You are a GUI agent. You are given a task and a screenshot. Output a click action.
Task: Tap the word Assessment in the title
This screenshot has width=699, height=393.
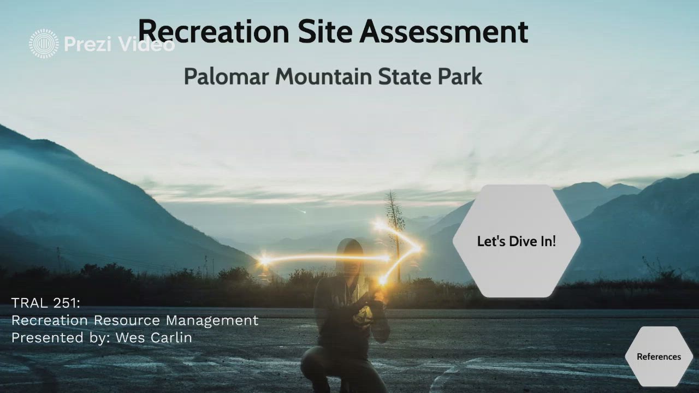(x=443, y=31)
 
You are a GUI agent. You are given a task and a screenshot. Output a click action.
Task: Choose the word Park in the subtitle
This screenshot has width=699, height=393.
(x=460, y=76)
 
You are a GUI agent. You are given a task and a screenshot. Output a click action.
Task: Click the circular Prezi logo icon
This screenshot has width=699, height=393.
(x=44, y=44)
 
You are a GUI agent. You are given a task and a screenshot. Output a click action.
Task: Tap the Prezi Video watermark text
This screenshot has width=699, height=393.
(x=119, y=44)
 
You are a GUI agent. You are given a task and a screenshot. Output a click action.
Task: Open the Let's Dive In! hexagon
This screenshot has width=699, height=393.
(x=516, y=241)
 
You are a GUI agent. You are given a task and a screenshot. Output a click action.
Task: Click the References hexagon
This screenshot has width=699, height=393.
(x=659, y=356)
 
